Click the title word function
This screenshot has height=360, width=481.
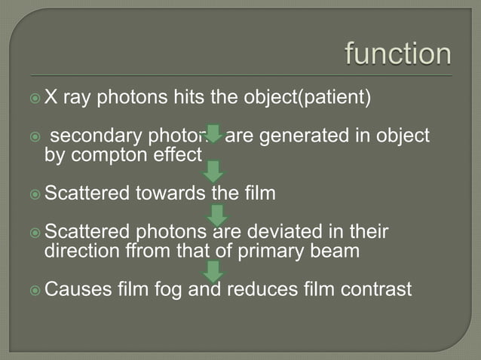coord(398,54)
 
